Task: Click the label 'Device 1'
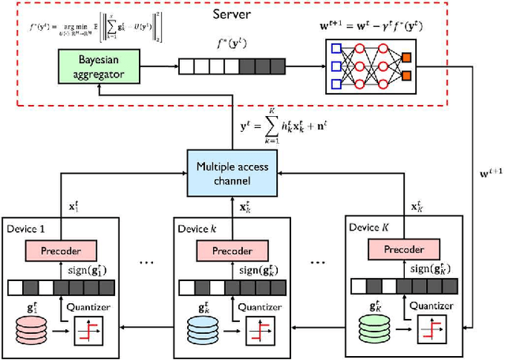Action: pyautogui.click(x=27, y=230)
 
